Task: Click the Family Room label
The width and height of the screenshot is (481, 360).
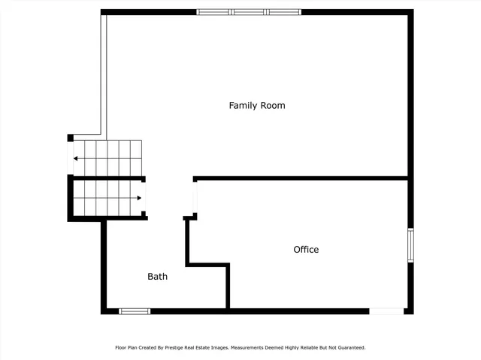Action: [257, 106]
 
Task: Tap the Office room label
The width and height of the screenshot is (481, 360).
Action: [306, 250]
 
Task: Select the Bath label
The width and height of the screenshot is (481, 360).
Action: [157, 277]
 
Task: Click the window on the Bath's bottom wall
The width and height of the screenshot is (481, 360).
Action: [135, 311]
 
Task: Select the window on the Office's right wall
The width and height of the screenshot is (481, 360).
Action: [410, 244]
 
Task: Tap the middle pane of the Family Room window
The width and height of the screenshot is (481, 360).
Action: [249, 12]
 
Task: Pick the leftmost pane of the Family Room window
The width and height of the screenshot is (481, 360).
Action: [214, 12]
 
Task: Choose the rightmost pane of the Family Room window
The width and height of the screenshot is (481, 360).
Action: [283, 12]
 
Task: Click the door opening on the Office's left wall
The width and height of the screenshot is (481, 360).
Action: [195, 198]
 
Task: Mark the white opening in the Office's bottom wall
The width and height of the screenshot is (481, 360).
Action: [386, 311]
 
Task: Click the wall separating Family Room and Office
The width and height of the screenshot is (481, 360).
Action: [301, 178]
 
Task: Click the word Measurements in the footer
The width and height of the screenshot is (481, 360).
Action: [249, 348]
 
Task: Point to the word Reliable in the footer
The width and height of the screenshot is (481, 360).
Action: [306, 348]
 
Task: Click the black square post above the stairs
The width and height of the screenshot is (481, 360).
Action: [71, 138]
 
